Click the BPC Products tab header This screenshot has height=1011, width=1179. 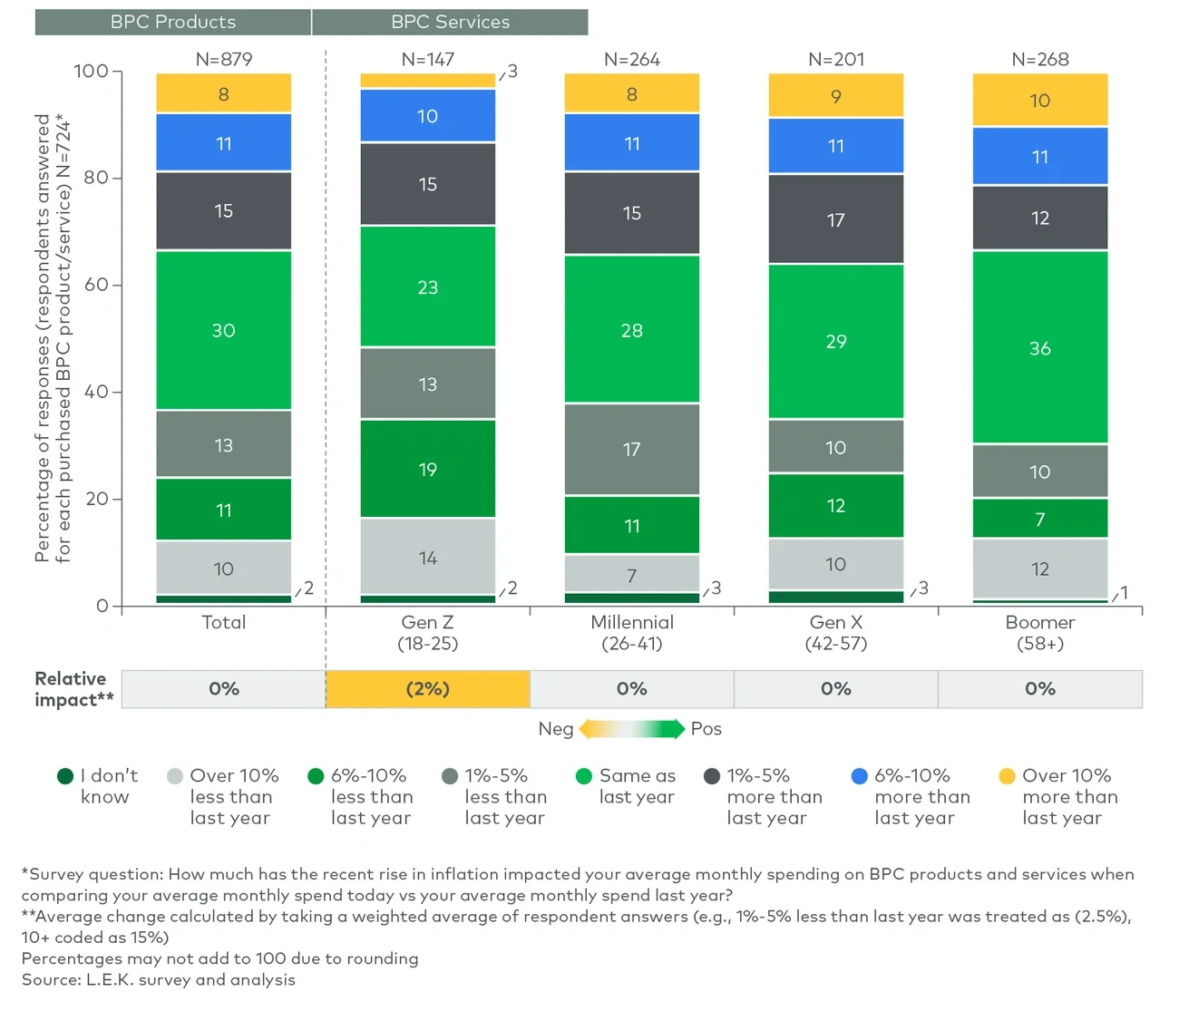point(172,22)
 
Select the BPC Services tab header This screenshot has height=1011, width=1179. point(450,22)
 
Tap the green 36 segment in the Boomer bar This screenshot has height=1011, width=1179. point(1039,347)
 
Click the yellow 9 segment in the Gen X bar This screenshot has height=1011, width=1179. point(835,96)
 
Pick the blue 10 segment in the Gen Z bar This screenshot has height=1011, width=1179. point(427,116)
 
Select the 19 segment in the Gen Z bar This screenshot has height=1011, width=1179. point(427,469)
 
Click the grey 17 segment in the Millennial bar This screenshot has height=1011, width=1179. point(631,449)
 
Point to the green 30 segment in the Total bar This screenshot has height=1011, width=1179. point(223,330)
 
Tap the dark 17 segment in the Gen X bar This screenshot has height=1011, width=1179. point(835,219)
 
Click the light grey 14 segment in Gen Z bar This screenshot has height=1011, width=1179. point(427,558)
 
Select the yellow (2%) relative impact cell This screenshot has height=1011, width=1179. point(427,689)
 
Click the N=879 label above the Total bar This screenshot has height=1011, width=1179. point(223,60)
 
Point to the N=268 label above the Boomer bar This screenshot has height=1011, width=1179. point(1039,60)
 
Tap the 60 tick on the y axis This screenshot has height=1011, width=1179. point(96,285)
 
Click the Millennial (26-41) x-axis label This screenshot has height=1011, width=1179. point(631,633)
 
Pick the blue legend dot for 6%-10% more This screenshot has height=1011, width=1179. point(860,776)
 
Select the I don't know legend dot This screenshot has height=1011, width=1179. point(65,776)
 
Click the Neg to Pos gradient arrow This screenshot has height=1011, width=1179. point(631,729)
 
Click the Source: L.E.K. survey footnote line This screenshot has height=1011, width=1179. point(159,979)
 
